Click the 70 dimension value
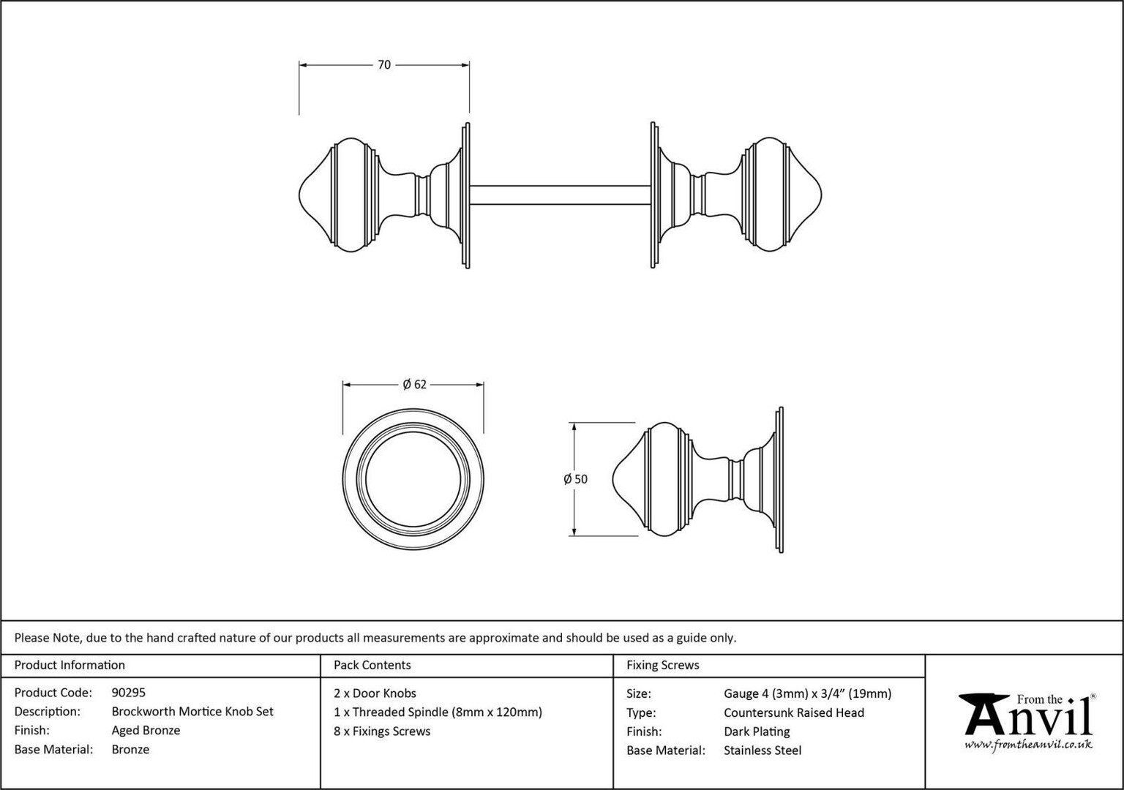tap(384, 64)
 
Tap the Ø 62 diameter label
tap(414, 384)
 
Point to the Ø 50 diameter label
tap(575, 479)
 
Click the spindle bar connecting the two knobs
tap(560, 195)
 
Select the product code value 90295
tap(129, 693)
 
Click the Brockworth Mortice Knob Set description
tap(192, 711)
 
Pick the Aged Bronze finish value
tap(146, 730)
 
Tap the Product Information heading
tap(70, 665)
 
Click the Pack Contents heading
tap(372, 665)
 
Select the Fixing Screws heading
tap(663, 665)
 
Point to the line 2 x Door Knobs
tap(375, 693)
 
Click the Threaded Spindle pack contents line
tap(438, 712)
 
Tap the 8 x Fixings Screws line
tap(382, 731)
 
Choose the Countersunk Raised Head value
tap(794, 712)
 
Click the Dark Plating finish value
tap(757, 731)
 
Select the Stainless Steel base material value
tap(763, 750)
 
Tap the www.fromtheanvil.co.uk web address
tap(1028, 745)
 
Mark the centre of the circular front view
tap(413, 479)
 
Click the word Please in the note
tap(31, 638)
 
